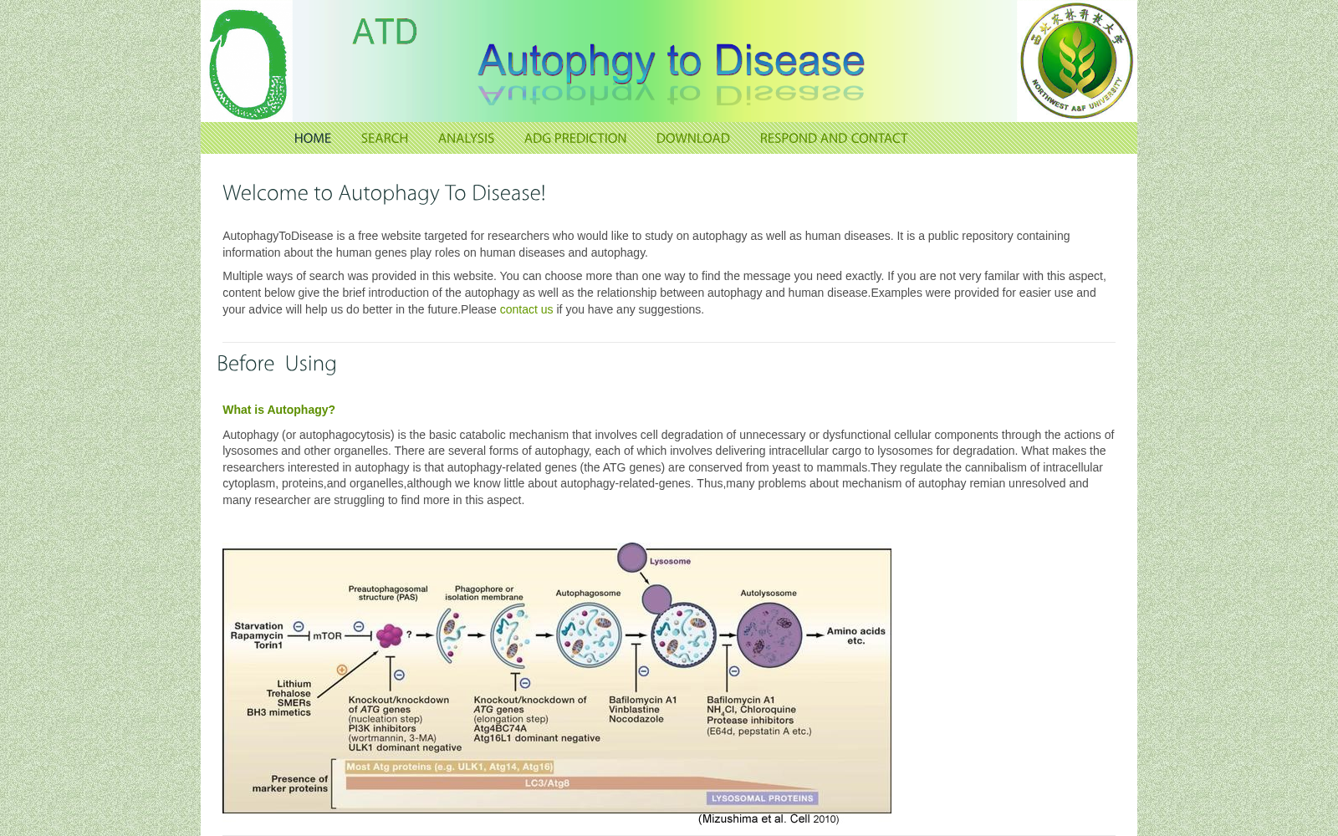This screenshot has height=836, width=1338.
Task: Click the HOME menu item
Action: [313, 139]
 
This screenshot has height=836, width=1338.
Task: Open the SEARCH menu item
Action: [384, 139]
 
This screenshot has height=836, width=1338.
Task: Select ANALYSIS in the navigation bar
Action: [466, 139]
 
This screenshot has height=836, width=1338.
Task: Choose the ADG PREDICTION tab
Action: [575, 139]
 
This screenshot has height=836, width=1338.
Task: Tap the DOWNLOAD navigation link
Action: [693, 139]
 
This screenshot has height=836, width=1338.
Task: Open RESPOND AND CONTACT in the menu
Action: [833, 139]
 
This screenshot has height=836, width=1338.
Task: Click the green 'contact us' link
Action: [526, 309]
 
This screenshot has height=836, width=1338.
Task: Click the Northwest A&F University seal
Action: [1076, 61]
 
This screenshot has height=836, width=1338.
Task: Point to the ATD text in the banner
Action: [385, 32]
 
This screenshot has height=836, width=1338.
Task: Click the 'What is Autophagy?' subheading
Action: [279, 410]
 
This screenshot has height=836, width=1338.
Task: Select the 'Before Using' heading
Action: [277, 364]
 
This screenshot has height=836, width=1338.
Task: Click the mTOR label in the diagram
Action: [327, 636]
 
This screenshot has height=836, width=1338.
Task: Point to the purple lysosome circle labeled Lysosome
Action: [632, 557]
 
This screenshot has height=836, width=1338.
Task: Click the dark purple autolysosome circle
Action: [769, 635]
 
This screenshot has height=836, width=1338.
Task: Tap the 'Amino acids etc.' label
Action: [856, 636]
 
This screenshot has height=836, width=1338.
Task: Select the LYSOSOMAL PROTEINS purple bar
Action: [762, 798]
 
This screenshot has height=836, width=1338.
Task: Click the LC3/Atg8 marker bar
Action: [547, 782]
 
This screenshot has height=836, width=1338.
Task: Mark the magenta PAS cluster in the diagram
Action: [390, 635]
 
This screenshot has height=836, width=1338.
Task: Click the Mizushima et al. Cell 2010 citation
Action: [769, 819]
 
